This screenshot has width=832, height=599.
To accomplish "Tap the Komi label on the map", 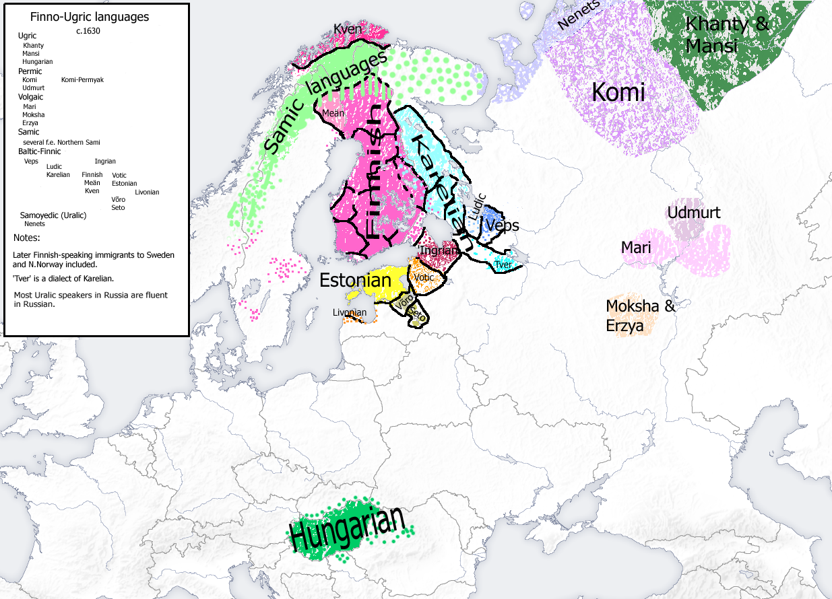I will point(618,92).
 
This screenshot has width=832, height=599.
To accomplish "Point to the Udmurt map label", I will point(693,213).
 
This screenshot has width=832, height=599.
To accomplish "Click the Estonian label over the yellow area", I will point(355,280).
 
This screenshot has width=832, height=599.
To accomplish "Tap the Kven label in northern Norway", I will point(348,30).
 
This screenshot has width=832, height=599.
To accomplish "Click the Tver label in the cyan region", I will point(503,265).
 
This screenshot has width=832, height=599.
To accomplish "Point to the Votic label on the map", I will point(425,277).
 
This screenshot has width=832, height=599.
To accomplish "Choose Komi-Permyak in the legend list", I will point(82,79).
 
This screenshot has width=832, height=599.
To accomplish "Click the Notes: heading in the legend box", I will point(26,238).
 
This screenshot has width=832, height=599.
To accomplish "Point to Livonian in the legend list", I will point(147,192).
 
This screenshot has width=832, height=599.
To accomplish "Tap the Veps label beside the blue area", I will point(503,225).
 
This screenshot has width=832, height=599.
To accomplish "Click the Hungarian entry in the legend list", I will point(37,61).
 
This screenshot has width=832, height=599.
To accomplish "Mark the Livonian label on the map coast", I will point(350,312).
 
